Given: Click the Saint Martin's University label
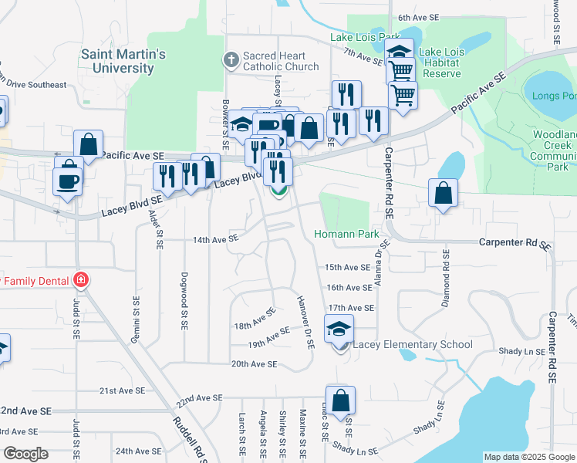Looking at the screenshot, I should [123, 61].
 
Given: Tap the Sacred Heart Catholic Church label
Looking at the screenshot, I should [280, 61].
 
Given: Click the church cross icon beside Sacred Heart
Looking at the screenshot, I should [230, 59].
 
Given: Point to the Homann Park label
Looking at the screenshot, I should [346, 234].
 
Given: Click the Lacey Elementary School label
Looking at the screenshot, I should [412, 344].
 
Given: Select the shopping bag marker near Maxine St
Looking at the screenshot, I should [339, 401].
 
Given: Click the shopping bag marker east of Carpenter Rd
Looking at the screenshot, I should [443, 194].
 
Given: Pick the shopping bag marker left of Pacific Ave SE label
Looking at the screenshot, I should [89, 144].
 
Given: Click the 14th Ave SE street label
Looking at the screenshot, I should [215, 240].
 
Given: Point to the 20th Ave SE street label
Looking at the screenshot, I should [254, 363].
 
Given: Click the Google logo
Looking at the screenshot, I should [25, 455].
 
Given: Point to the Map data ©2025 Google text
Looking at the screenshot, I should [528, 457].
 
